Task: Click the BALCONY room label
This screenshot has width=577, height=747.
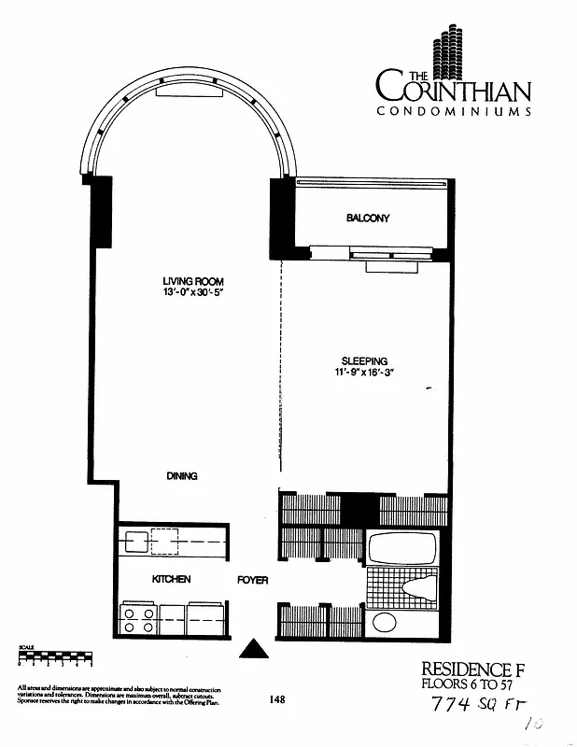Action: tap(367, 218)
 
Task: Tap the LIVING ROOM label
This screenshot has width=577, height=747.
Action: tap(193, 282)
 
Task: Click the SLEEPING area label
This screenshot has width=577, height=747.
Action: tap(364, 361)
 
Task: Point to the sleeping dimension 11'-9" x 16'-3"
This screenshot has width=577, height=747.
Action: tap(364, 373)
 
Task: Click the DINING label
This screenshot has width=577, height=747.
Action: tap(182, 476)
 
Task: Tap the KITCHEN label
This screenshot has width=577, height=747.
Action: tap(171, 580)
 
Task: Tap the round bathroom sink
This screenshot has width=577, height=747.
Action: tap(384, 623)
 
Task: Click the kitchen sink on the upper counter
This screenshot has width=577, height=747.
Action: tap(134, 541)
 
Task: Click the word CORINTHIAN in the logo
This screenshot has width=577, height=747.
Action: tap(455, 91)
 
